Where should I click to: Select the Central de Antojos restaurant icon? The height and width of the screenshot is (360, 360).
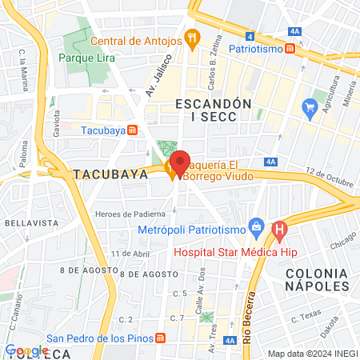click(x=191, y=37)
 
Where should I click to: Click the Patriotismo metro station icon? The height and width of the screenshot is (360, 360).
click(x=290, y=49)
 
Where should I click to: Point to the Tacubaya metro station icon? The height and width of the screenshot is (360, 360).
click(x=134, y=130)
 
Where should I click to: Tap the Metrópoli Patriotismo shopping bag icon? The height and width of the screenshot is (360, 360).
click(x=256, y=226)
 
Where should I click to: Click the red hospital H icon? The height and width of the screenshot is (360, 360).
click(x=279, y=232)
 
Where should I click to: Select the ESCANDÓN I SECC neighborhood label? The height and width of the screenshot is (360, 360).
click(x=213, y=110)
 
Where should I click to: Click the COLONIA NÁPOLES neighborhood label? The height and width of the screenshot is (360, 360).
click(x=318, y=279)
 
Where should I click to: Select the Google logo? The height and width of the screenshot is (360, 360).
click(x=26, y=350)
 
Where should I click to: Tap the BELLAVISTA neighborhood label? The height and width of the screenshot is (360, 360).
click(x=26, y=222)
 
